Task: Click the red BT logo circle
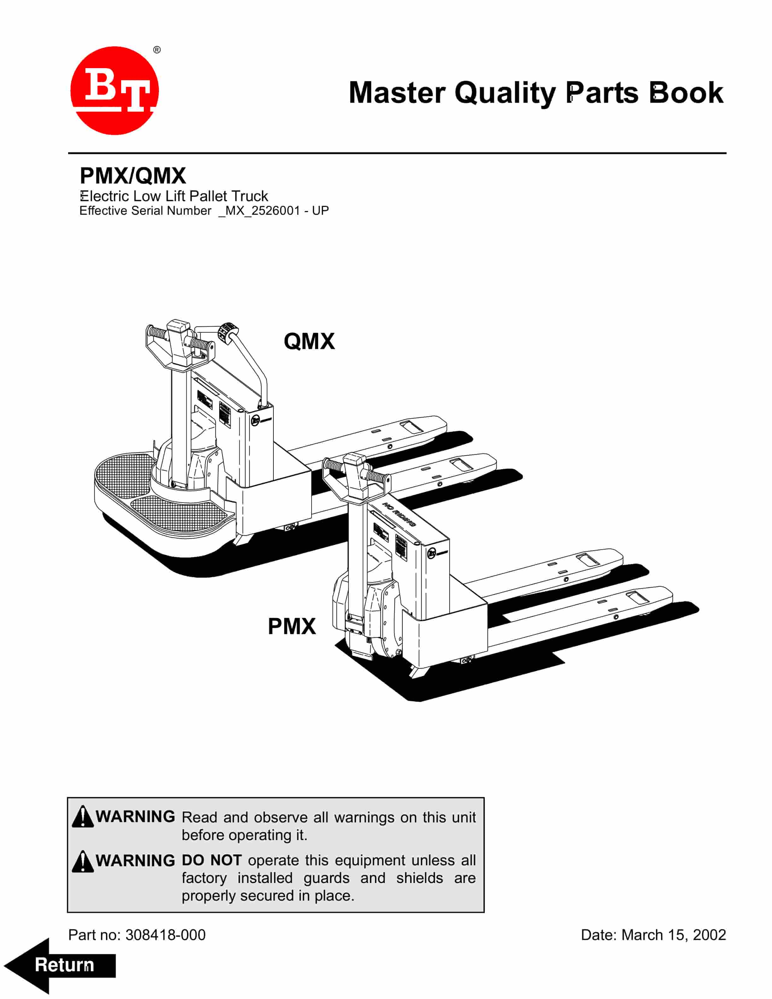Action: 114,91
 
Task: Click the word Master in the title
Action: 396,93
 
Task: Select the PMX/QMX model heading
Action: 133,176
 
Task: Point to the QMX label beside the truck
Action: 309,341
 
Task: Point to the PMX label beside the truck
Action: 291,626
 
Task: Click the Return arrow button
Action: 60,965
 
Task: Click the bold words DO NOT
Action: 211,860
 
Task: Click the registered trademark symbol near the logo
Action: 157,50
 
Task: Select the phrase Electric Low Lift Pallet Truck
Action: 174,196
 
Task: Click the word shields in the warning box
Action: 419,878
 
